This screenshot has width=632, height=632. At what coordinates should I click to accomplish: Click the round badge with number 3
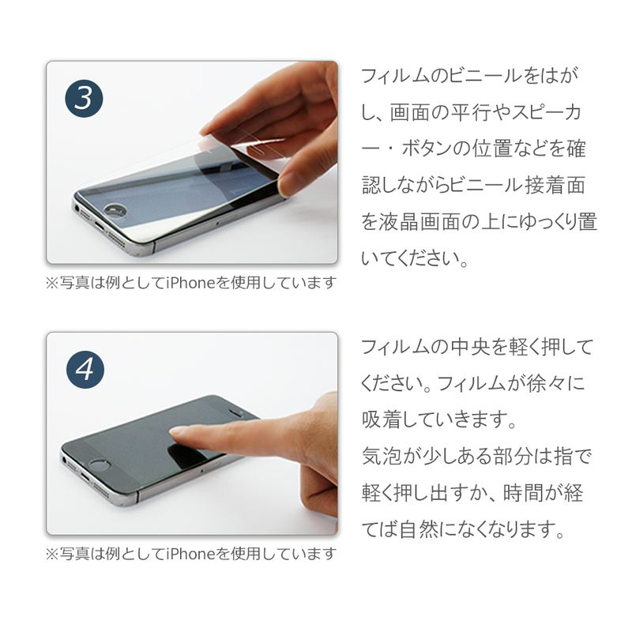click(x=84, y=99)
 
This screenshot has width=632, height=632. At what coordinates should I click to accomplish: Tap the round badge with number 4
click(x=85, y=370)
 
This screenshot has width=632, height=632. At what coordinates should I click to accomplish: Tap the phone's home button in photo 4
click(x=100, y=465)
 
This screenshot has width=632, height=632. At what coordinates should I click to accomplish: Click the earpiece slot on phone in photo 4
click(x=235, y=412)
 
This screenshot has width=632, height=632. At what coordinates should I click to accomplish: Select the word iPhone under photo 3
click(x=191, y=283)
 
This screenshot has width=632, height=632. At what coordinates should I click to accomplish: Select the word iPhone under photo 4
click(x=191, y=555)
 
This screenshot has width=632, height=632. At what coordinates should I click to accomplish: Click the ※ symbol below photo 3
click(x=52, y=283)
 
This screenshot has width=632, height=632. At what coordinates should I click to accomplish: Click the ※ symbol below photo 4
click(x=52, y=555)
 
